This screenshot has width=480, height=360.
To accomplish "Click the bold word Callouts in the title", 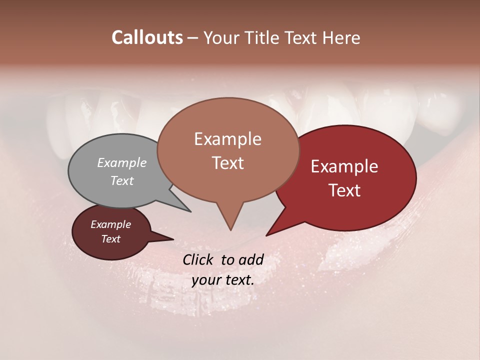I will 147,37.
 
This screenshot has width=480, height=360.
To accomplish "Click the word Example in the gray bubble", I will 122,162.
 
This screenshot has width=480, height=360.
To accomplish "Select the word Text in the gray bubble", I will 122,180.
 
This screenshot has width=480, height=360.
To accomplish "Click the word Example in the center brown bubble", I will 227,139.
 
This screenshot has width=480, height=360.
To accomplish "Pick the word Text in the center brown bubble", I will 227,163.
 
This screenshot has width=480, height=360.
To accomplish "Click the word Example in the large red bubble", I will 344,166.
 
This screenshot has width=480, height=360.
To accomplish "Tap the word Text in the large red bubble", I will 344,190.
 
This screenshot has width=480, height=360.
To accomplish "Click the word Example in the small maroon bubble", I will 110,224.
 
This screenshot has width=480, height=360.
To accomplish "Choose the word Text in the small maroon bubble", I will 110,239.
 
